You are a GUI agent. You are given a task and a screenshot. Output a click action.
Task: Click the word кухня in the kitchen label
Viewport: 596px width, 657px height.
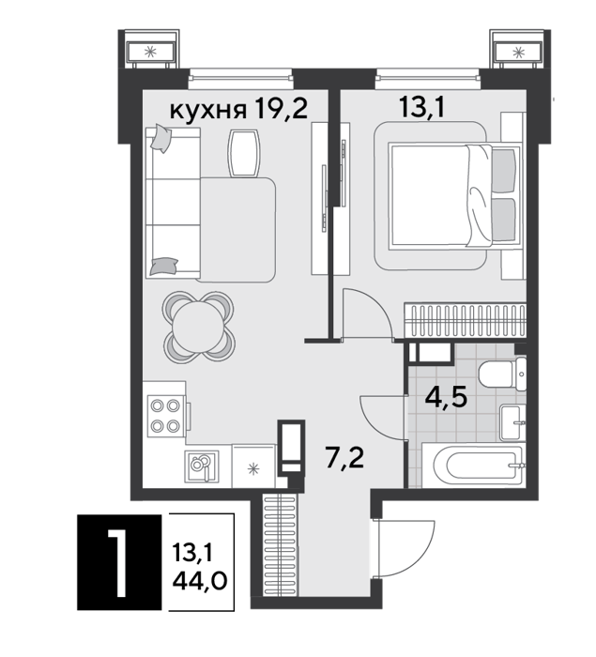(x=207, y=111)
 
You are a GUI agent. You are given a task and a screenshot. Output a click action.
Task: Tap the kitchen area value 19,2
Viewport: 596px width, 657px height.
(x=281, y=108)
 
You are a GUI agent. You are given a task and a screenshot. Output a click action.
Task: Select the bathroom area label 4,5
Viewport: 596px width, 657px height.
(x=446, y=397)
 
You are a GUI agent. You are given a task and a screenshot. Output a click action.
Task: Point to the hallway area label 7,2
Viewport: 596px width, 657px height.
(x=344, y=458)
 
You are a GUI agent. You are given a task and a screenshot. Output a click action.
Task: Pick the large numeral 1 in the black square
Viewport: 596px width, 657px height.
(x=117, y=561)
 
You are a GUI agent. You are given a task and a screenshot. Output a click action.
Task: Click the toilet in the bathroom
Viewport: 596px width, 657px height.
(x=502, y=374)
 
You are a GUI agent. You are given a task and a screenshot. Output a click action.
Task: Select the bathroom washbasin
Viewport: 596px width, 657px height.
(x=513, y=422)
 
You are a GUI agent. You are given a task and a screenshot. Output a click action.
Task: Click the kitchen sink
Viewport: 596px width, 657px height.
(x=202, y=466)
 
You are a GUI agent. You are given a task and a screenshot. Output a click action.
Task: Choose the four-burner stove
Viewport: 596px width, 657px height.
(x=165, y=416)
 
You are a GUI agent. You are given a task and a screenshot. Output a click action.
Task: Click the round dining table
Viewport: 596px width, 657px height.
(x=199, y=328)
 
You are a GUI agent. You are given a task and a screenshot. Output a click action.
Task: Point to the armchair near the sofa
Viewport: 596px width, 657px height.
(x=244, y=153)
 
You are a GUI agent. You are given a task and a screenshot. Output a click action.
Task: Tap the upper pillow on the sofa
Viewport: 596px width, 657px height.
(x=160, y=137)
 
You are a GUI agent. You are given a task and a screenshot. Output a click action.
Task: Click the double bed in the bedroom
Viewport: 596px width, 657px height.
(x=455, y=195)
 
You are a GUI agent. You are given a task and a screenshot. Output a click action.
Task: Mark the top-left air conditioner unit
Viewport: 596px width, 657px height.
(x=150, y=52)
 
